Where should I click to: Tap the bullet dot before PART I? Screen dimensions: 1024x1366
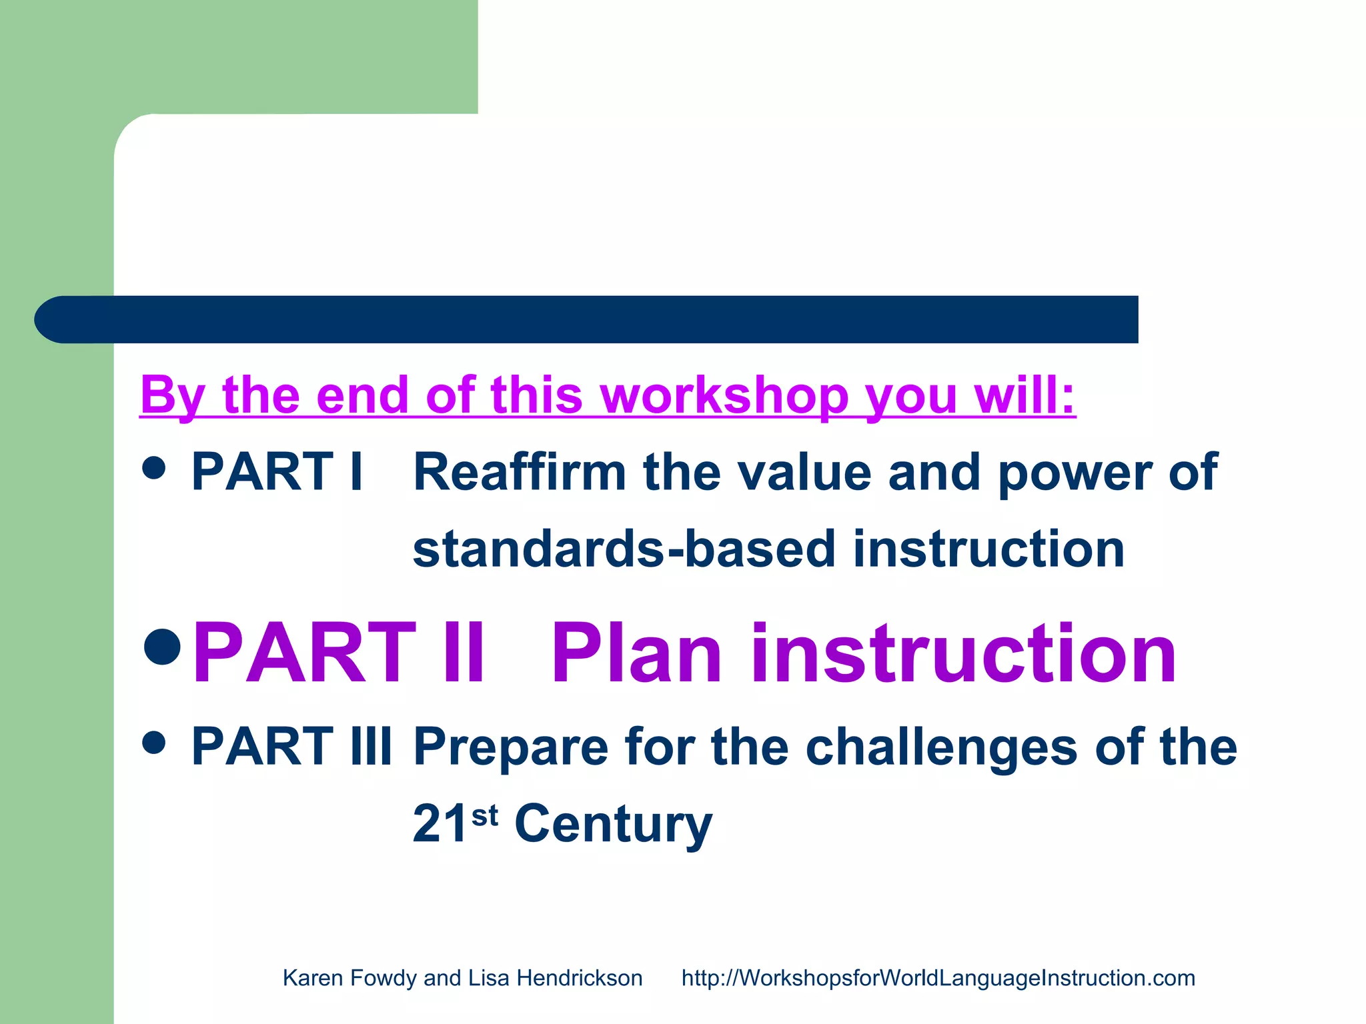point(154,467)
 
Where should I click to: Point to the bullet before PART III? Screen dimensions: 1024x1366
point(154,742)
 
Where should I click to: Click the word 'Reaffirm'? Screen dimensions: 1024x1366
point(520,472)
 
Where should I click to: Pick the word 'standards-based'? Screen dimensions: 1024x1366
point(624,549)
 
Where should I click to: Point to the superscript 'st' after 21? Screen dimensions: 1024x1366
point(485,815)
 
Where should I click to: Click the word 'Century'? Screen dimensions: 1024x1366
point(614,825)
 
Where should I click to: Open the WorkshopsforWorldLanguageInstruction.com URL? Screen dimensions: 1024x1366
point(938,978)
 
